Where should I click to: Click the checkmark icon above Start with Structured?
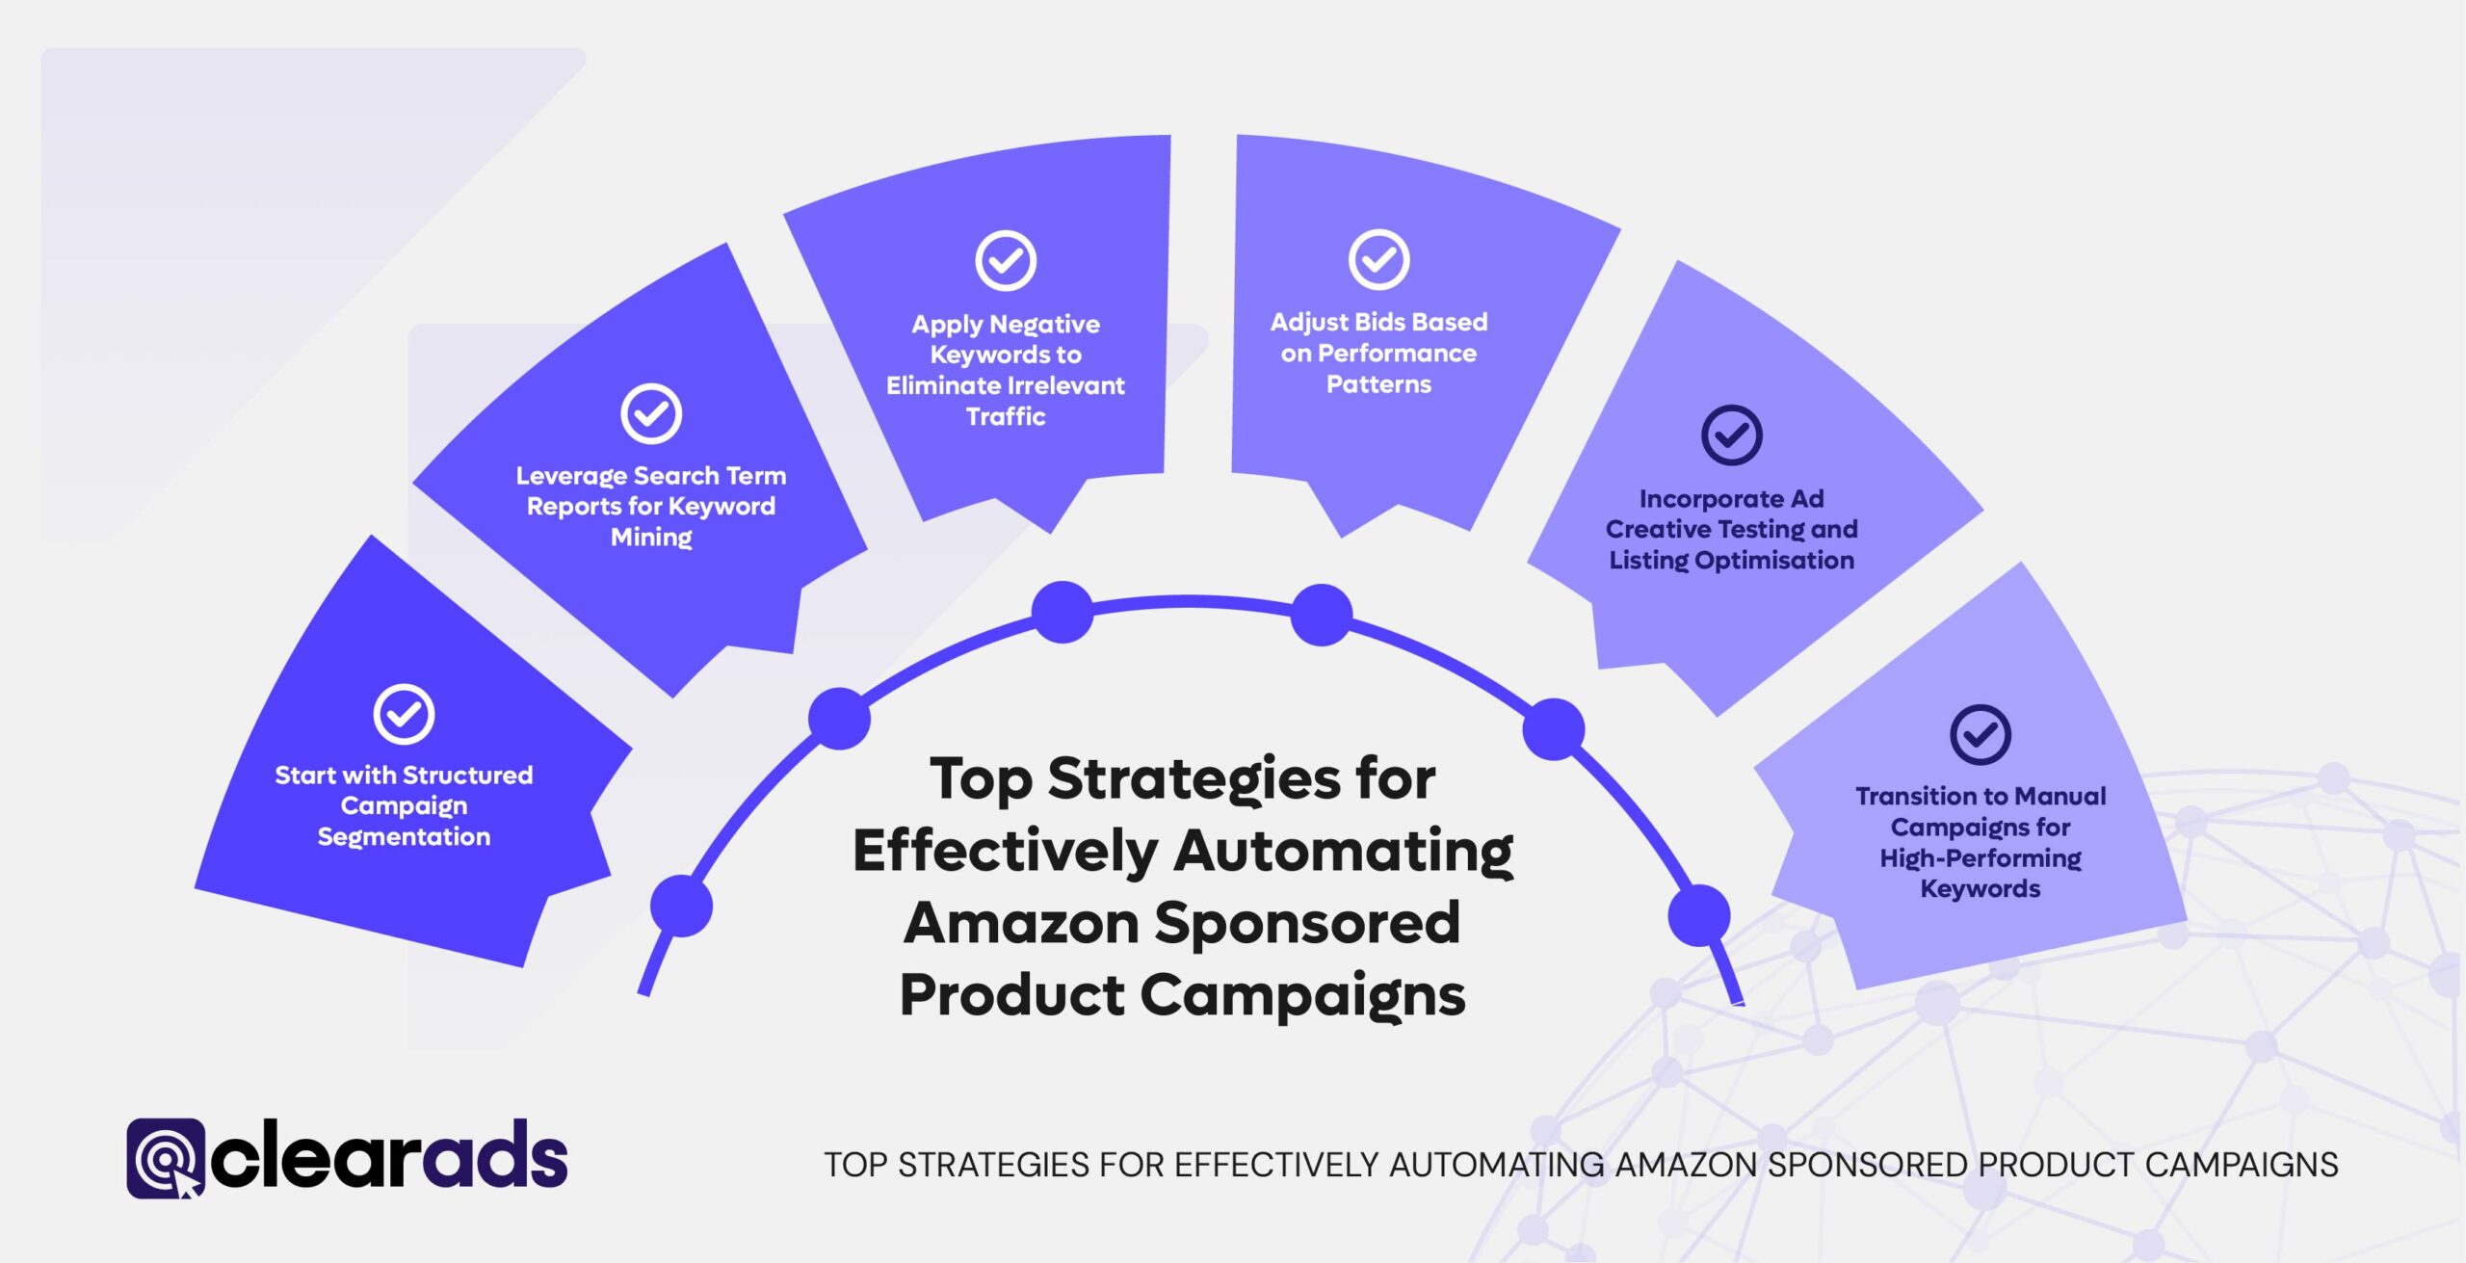(x=404, y=714)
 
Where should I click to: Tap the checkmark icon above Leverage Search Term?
(x=651, y=413)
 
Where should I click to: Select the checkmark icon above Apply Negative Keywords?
(x=1006, y=260)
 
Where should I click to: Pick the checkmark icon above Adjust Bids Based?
(x=1378, y=259)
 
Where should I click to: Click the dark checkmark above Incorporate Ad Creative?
(x=1731, y=435)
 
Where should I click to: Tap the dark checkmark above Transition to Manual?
(x=1980, y=734)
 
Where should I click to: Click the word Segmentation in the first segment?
(x=404, y=836)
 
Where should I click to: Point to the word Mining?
(x=651, y=537)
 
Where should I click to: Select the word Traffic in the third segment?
(x=1006, y=416)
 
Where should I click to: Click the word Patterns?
(x=1378, y=384)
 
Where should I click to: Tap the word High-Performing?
(x=1980, y=857)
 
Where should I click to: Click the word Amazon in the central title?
(x=1022, y=922)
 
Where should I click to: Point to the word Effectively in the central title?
(x=1005, y=851)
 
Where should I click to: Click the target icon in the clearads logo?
(x=165, y=1158)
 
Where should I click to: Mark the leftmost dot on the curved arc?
(x=681, y=906)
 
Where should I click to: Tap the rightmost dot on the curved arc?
(x=1698, y=914)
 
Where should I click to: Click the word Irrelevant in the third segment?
(x=1066, y=385)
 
